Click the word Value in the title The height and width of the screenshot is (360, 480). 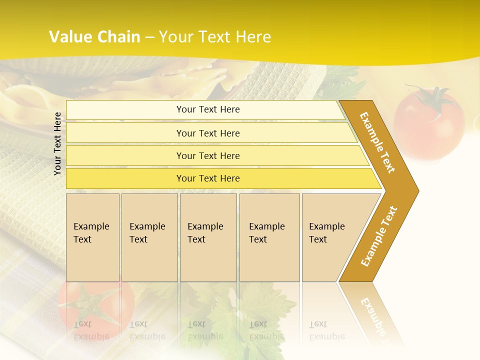[x=70, y=37]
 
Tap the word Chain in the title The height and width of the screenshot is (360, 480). [x=118, y=37]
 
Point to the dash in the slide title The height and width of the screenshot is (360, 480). [x=149, y=37]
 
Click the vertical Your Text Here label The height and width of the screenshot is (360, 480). [x=57, y=143]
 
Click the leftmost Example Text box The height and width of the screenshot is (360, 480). [x=92, y=237]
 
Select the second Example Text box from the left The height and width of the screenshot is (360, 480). [x=149, y=237]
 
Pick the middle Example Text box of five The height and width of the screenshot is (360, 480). [x=208, y=237]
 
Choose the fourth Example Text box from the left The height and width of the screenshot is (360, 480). [x=269, y=237]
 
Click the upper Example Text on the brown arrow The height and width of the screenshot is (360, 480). [x=377, y=142]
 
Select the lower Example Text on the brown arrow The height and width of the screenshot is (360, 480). [x=379, y=236]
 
